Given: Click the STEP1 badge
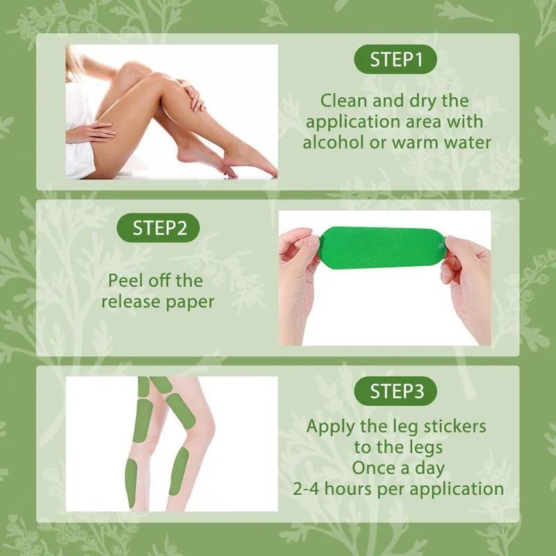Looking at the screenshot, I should tap(395, 60).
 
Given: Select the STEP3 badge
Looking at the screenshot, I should tap(395, 391).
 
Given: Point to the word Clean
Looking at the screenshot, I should tap(345, 101).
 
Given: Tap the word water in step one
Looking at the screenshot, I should tap(467, 142).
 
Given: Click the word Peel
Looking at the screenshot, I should tap(128, 281).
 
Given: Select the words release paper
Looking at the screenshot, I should tap(157, 302).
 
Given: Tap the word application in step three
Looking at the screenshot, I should tap(455, 488).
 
